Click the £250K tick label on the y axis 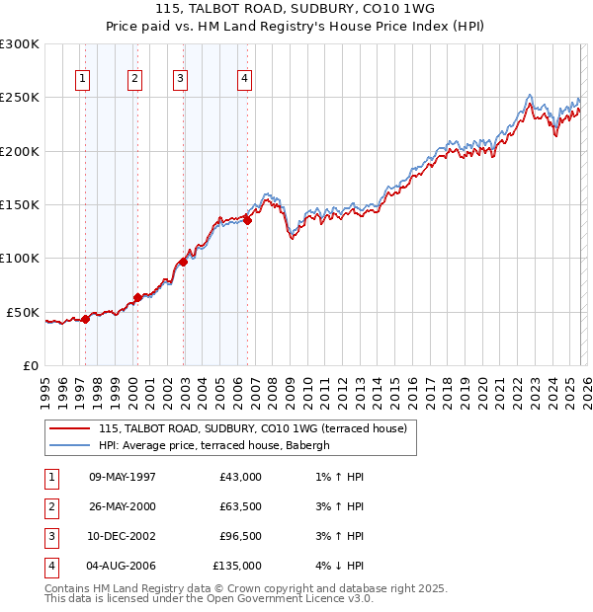point(19,98)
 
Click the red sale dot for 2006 point(247,221)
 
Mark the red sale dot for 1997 point(86,319)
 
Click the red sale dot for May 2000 point(138,297)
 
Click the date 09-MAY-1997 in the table point(123,477)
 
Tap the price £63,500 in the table point(241,507)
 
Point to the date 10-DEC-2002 point(123,537)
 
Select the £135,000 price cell point(238,567)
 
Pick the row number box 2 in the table point(48,507)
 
